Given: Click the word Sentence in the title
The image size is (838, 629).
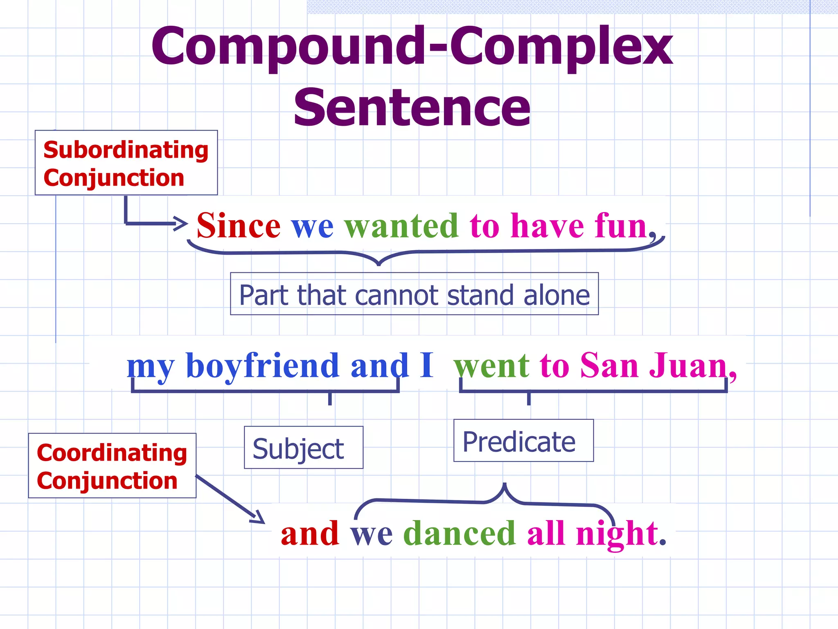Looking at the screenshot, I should (x=412, y=108).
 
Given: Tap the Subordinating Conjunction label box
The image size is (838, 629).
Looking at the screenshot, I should (x=126, y=163).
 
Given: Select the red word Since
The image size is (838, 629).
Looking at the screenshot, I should (x=239, y=226).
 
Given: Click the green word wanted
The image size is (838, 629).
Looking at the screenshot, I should (x=401, y=226).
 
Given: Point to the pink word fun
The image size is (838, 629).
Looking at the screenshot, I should (x=620, y=226).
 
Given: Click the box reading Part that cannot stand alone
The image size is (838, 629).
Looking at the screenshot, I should (x=414, y=294).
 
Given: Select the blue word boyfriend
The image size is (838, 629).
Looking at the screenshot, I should (x=262, y=366).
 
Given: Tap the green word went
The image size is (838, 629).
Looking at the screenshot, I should (x=491, y=366).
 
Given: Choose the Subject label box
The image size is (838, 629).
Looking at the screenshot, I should (x=303, y=448).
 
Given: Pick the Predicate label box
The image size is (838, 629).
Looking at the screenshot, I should (x=523, y=441).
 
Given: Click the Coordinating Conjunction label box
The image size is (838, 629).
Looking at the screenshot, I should (x=112, y=466).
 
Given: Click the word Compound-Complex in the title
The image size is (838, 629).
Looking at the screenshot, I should (x=412, y=46).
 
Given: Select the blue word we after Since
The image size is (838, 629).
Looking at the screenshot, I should (x=312, y=226).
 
